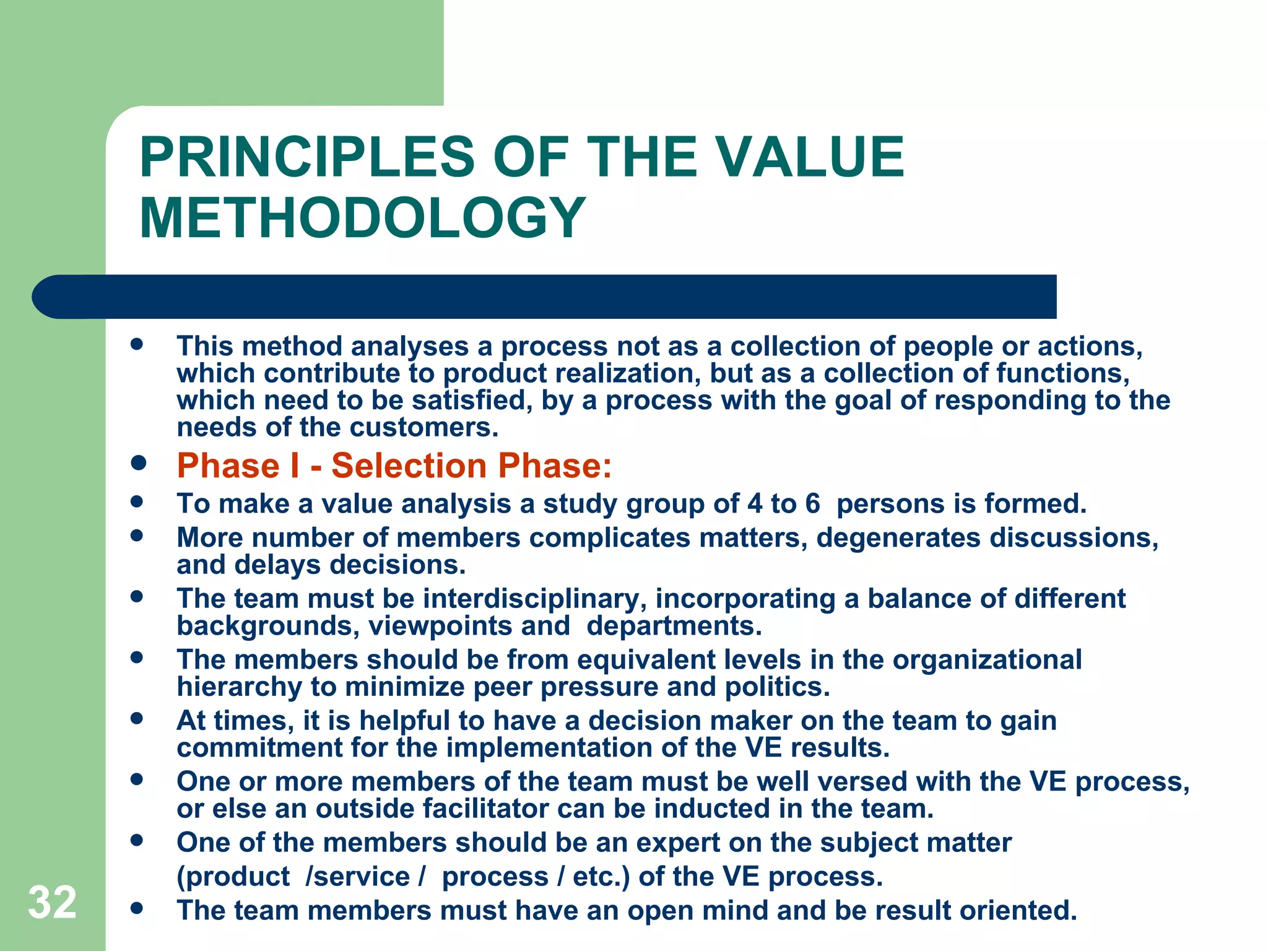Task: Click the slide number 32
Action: [x=52, y=903]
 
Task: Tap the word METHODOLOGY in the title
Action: [x=362, y=218]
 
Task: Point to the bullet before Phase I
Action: [x=138, y=463]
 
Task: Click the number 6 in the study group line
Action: [x=812, y=503]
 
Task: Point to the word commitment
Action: [x=259, y=748]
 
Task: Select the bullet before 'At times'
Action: [x=137, y=719]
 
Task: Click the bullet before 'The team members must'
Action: [x=137, y=908]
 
